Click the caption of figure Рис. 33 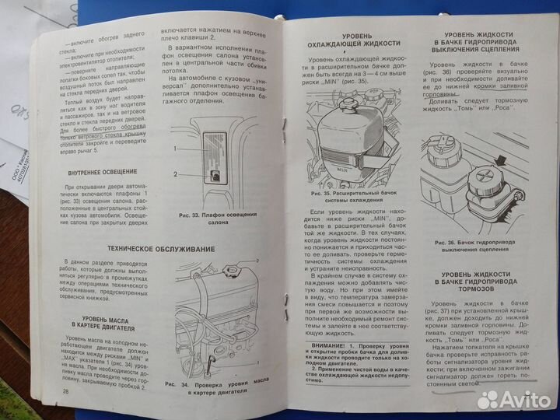click(x=206, y=219)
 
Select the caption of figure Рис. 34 click(x=215, y=387)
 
